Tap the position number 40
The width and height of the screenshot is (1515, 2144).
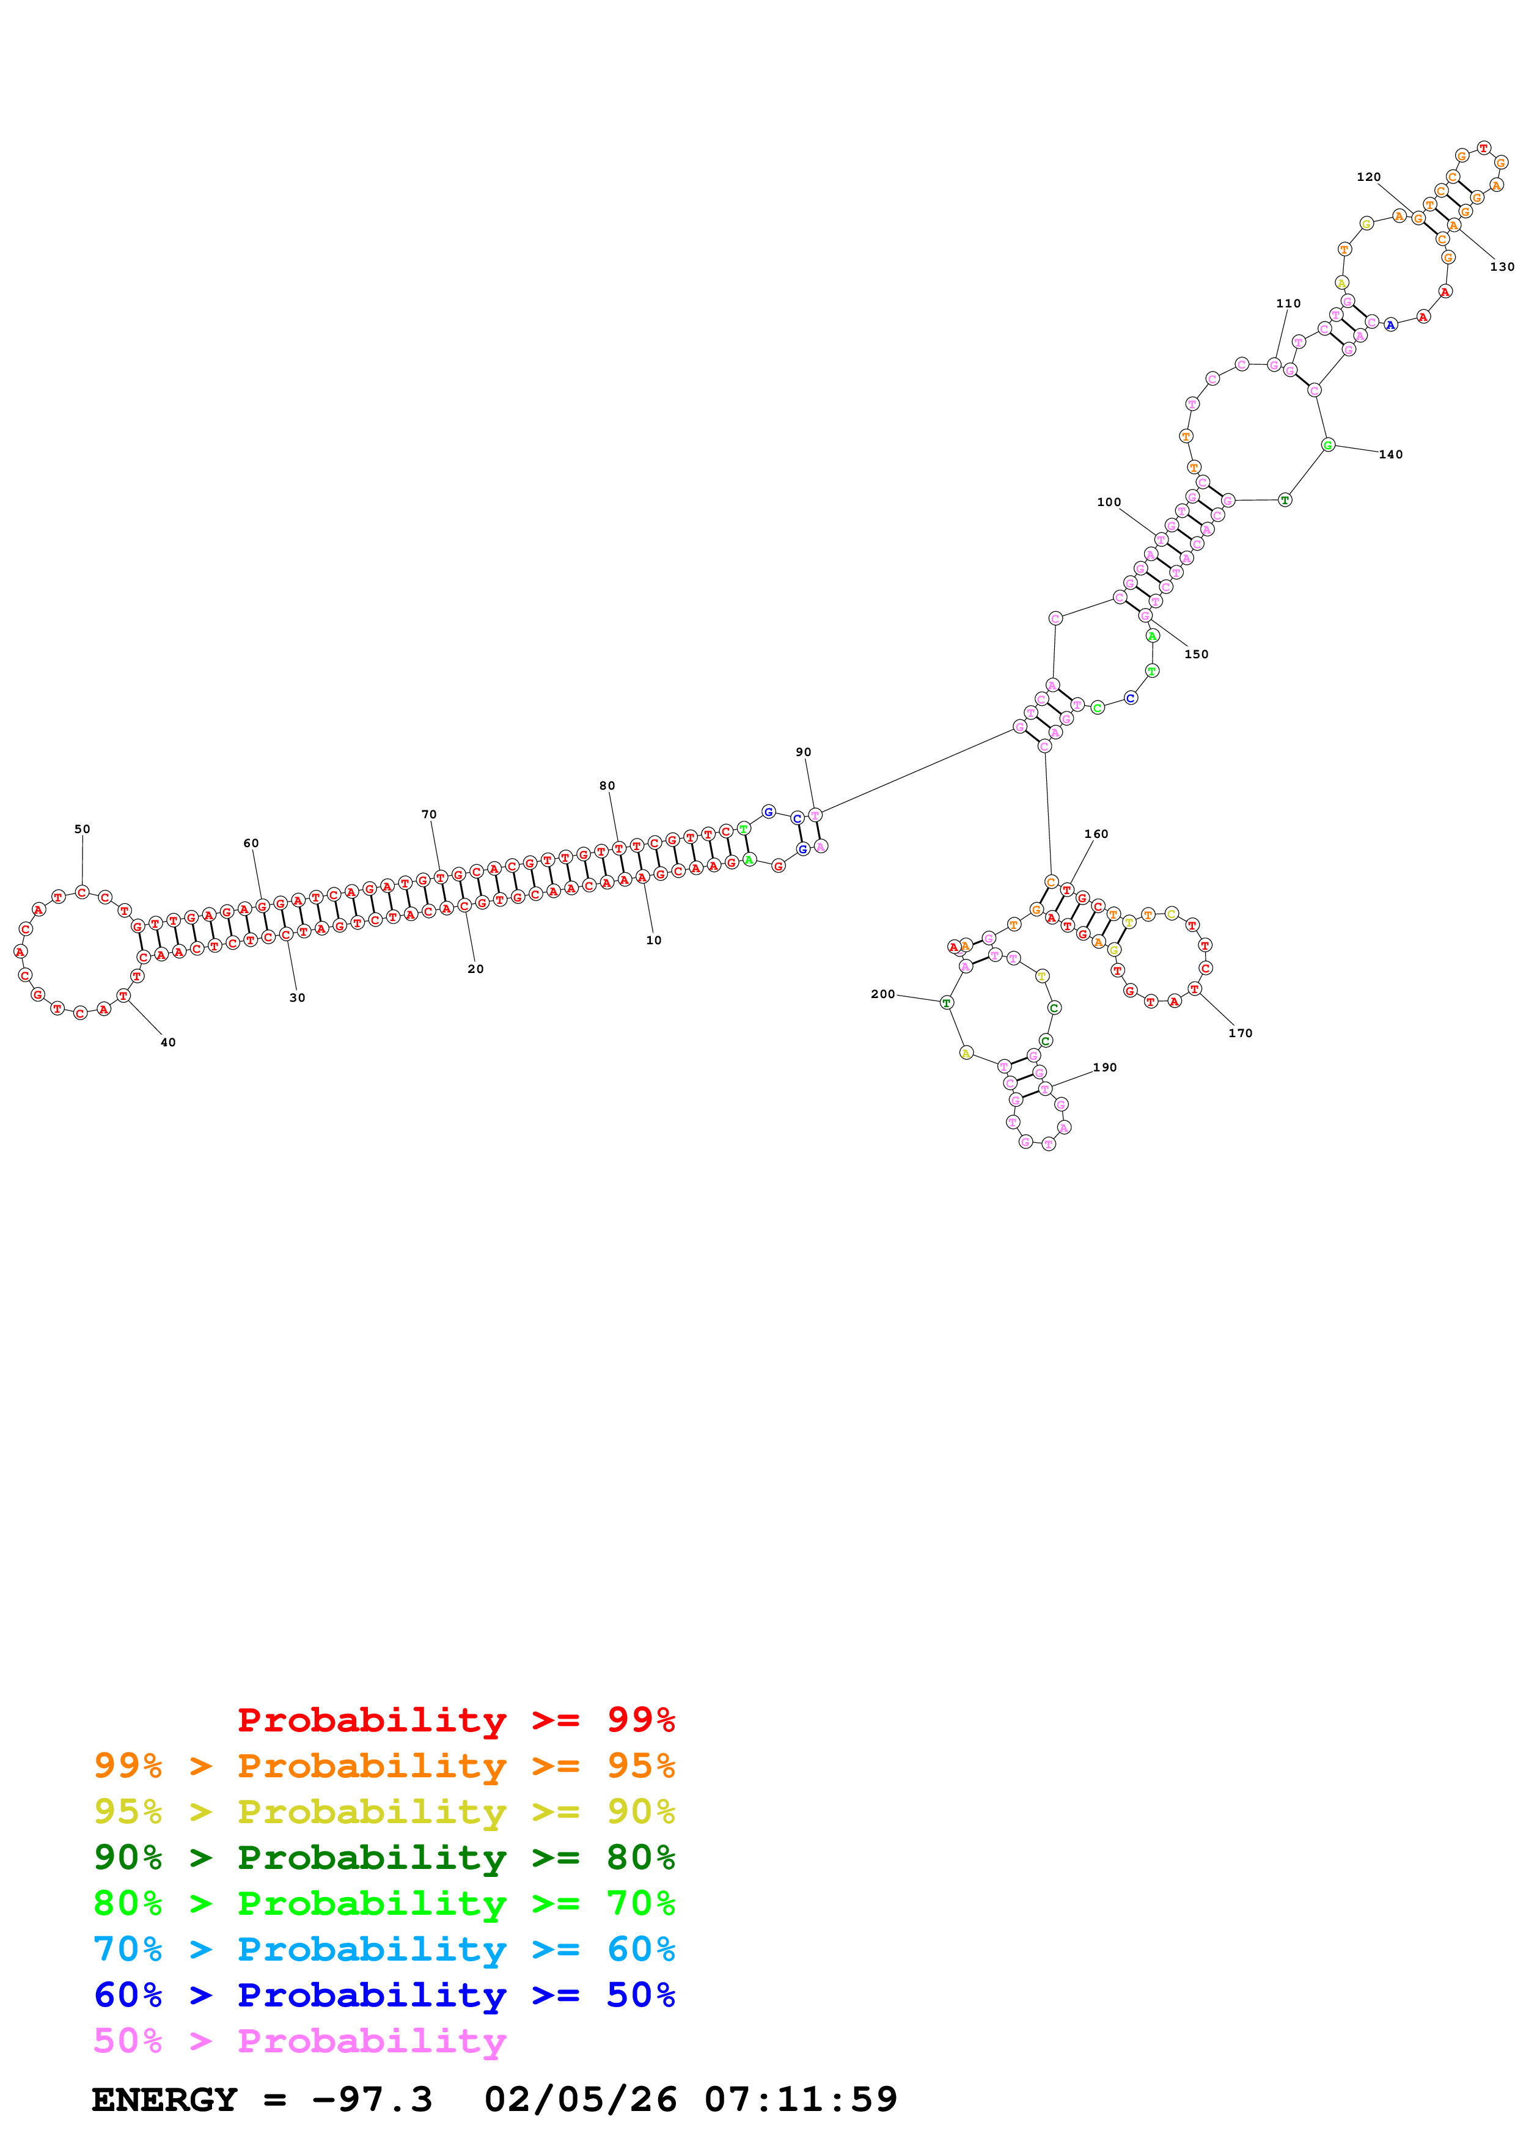click(168, 1042)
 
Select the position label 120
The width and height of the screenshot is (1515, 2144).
click(1368, 177)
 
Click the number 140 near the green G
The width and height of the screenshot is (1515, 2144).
click(1391, 455)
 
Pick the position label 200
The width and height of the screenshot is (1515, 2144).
click(883, 994)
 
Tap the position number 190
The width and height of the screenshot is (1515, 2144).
click(1105, 1067)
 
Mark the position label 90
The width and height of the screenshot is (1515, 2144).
click(804, 752)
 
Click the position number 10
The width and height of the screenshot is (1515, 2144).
click(653, 941)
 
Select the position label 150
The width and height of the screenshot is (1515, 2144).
click(1197, 654)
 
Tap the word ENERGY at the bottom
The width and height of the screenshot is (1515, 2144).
click(164, 2100)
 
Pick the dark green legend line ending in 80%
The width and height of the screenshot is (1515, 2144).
click(384, 1857)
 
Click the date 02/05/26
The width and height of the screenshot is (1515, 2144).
click(580, 2100)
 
